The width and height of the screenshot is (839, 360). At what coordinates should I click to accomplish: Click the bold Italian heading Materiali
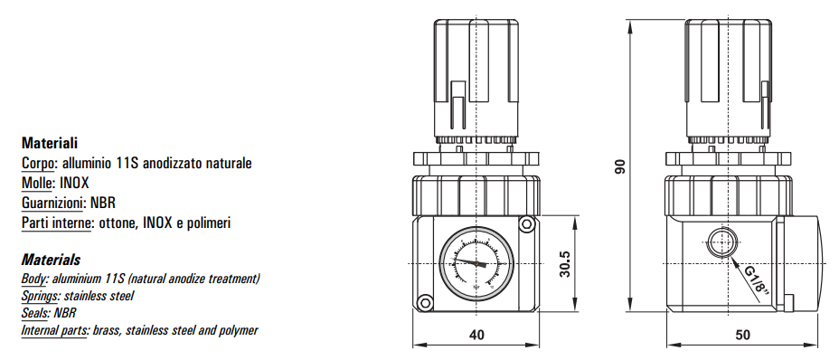pos(50,143)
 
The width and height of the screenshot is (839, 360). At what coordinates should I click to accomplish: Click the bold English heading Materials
pos(51,260)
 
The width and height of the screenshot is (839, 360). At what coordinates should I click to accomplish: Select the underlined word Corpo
pos(38,164)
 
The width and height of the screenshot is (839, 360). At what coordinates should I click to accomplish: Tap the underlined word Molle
pos(37,184)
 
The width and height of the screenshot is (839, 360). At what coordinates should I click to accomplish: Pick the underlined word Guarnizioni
pos(52,203)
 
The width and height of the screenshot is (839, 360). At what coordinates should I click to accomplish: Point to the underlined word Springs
pos(41,296)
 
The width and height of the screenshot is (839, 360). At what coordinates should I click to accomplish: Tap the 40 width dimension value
pos(476,335)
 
